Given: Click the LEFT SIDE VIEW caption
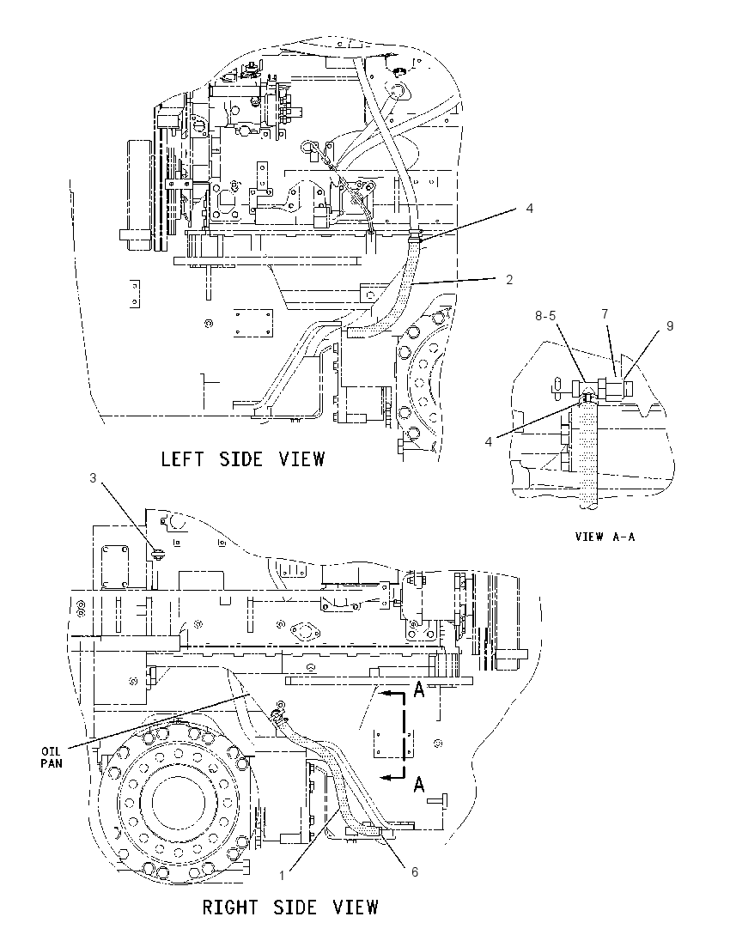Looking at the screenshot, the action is click(x=243, y=459).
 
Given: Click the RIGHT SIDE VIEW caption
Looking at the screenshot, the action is click(x=290, y=906).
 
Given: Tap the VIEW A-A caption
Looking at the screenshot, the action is click(x=605, y=537).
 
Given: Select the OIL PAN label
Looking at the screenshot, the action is click(x=52, y=757).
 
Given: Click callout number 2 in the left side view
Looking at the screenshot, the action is click(x=509, y=280).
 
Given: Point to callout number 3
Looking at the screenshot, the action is click(x=93, y=477).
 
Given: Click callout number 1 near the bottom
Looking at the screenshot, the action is click(x=282, y=876).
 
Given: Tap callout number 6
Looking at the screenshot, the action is click(x=414, y=872).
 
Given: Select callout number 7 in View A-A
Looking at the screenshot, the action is click(x=605, y=314).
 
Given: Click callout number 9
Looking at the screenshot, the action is click(x=669, y=326).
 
